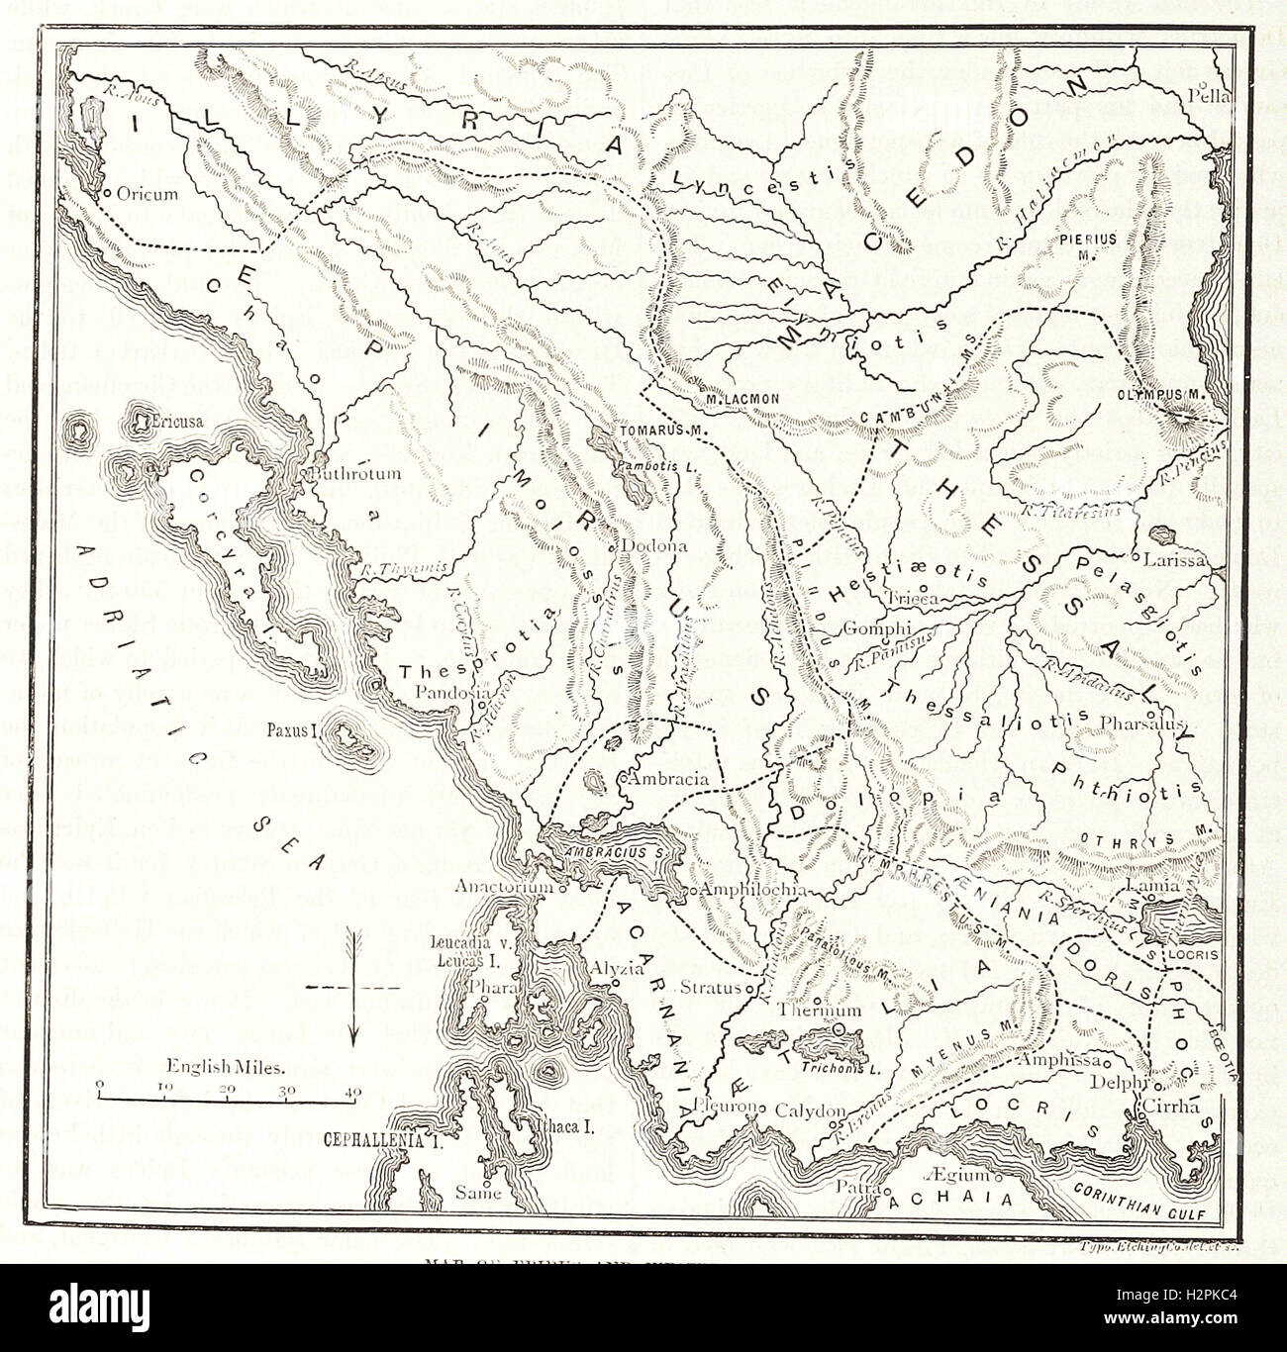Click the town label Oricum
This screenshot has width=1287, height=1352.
click(147, 194)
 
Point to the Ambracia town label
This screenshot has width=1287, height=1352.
click(672, 778)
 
